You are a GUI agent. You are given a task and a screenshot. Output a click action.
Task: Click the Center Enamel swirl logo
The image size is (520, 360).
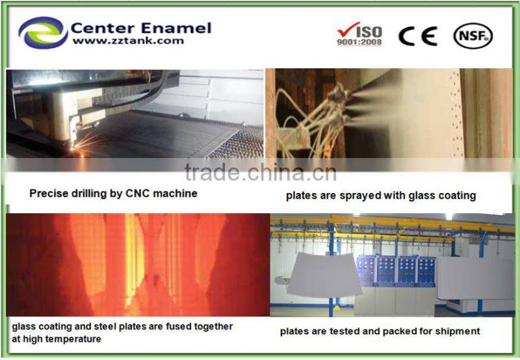[43, 32]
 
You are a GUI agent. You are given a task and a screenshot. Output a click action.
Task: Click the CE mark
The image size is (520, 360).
[417, 36]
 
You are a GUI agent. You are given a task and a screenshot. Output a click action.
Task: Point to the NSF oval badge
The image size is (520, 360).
[473, 35]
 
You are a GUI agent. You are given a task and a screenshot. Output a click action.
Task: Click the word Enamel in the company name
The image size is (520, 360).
[177, 27]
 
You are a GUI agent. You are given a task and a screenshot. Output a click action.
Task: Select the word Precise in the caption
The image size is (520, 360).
[47, 193]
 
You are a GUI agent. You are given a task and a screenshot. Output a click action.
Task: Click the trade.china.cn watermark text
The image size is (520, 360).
[260, 174]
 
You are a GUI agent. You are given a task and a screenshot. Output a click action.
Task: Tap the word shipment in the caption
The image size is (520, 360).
[458, 331]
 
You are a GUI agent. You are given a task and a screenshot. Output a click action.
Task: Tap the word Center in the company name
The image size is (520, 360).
[103, 27]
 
